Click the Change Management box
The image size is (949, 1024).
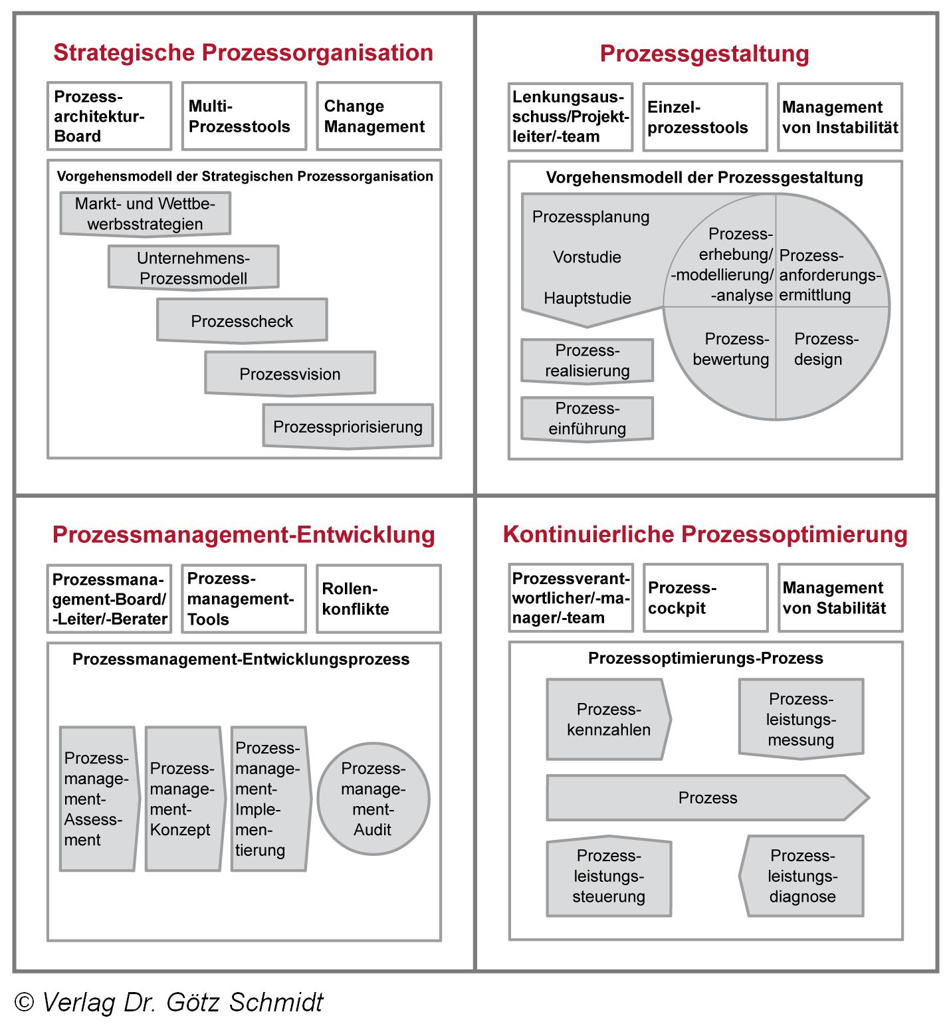(378, 116)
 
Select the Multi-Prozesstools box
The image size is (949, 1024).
(244, 116)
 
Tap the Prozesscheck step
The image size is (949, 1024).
(242, 321)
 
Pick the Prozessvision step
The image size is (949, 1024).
(290, 374)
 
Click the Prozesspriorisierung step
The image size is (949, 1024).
(348, 427)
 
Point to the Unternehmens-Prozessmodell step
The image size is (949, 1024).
(193, 268)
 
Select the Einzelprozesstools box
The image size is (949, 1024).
(705, 118)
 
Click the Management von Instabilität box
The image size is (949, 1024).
(840, 118)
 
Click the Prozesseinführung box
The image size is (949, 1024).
(587, 419)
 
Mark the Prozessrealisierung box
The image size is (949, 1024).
(587, 361)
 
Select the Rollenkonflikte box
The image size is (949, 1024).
(378, 599)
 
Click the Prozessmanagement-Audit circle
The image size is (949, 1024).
(373, 799)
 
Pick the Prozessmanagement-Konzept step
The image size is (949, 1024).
(183, 799)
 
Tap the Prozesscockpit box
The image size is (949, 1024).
(705, 598)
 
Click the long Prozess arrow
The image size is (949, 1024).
(707, 797)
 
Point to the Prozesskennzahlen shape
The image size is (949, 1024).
(608, 719)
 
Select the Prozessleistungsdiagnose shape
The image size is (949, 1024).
(802, 876)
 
